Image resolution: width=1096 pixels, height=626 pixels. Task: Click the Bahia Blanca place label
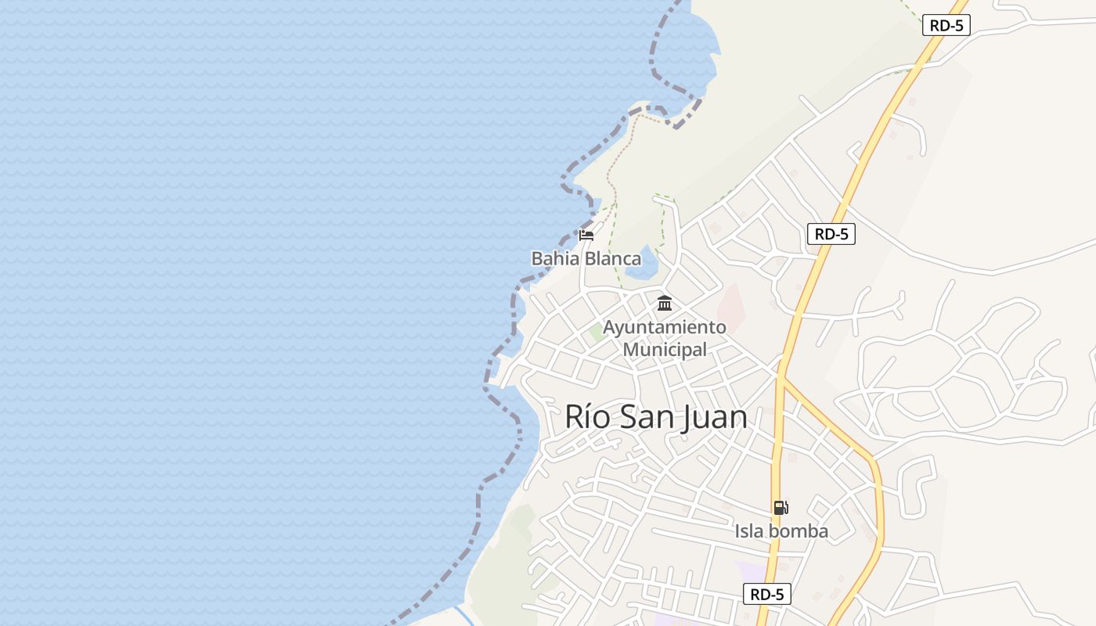pyautogui.click(x=586, y=258)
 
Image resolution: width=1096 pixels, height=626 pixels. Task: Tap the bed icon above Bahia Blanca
pyautogui.click(x=586, y=235)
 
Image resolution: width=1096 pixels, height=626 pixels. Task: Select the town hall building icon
pyautogui.click(x=665, y=303)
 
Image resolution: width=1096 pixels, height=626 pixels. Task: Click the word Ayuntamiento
pyautogui.click(x=665, y=327)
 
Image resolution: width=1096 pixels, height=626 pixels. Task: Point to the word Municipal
pyautogui.click(x=665, y=349)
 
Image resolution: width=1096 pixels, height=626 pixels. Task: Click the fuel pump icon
pyautogui.click(x=781, y=508)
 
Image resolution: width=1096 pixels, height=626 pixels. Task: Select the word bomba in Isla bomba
pyautogui.click(x=798, y=531)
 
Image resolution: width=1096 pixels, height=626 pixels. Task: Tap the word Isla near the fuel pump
pyautogui.click(x=749, y=531)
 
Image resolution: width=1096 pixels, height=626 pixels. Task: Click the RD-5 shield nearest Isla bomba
pyautogui.click(x=767, y=594)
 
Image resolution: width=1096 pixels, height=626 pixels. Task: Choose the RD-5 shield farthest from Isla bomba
pyautogui.click(x=946, y=25)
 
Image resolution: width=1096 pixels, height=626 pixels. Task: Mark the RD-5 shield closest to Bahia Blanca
pyautogui.click(x=831, y=234)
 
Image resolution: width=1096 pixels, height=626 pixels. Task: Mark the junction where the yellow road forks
pyautogui.click(x=781, y=379)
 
